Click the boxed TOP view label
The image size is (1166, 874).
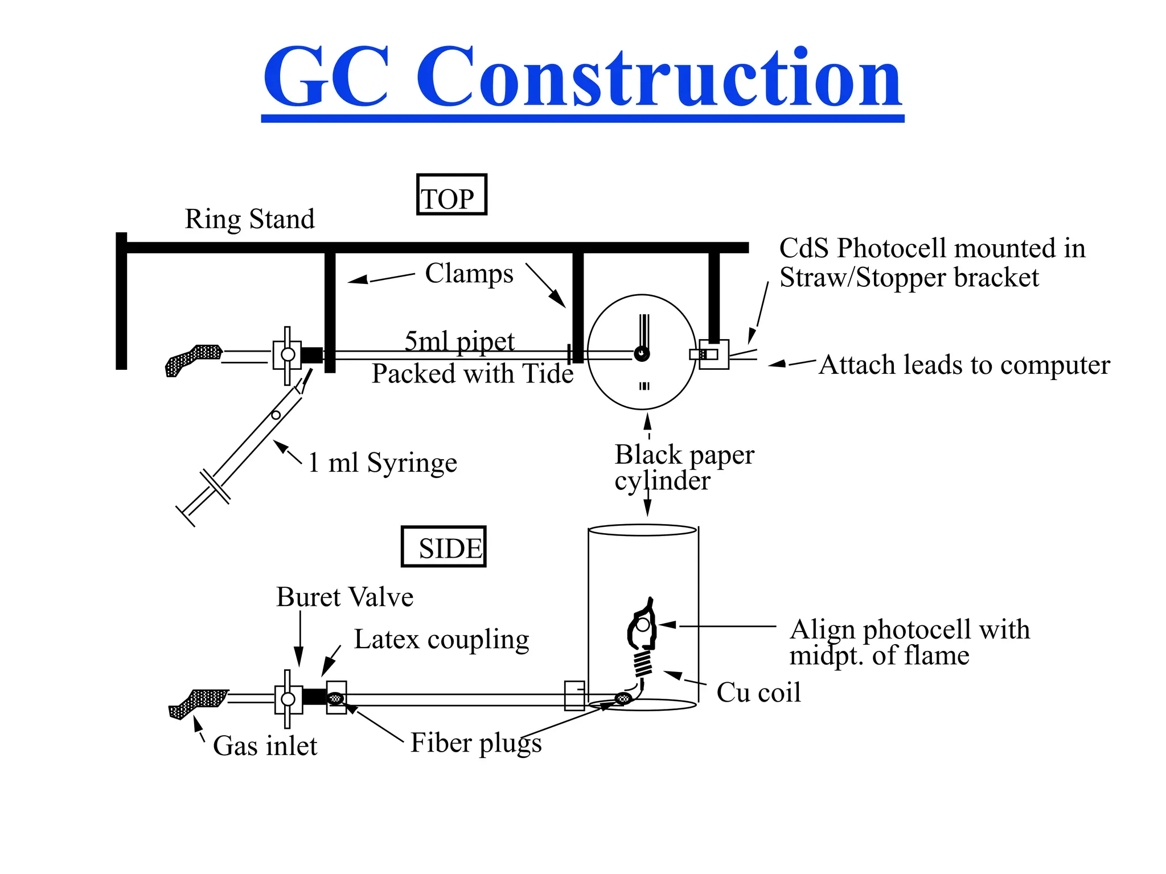(451, 195)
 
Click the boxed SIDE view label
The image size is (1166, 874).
(444, 547)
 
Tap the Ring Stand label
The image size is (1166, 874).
(249, 220)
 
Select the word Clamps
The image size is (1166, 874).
(469, 274)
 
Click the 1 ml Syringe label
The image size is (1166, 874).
(382, 463)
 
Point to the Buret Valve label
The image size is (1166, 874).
(344, 597)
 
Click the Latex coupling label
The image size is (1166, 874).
(441, 640)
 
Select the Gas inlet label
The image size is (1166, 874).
(265, 746)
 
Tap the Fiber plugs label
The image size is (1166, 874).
(476, 743)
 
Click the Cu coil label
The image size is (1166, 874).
(758, 692)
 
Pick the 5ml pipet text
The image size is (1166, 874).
(459, 341)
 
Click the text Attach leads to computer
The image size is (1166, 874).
(964, 365)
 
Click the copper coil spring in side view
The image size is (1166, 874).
(643, 663)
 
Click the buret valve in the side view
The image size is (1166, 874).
(288, 699)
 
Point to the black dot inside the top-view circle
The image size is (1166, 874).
(642, 354)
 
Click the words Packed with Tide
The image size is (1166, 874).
(473, 374)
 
